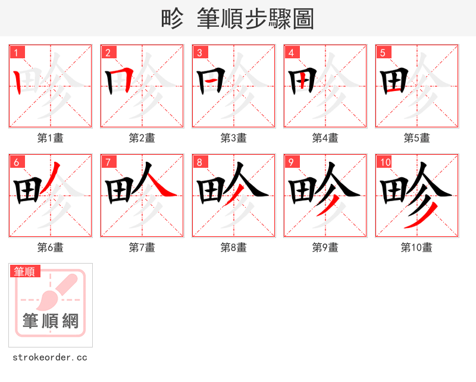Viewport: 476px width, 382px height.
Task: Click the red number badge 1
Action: click(16, 52)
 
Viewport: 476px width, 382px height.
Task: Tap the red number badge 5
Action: click(383, 52)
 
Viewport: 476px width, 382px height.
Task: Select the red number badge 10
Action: click(385, 162)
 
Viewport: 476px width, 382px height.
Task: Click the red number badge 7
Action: click(108, 162)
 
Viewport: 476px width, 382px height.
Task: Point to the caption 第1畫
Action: click(51, 138)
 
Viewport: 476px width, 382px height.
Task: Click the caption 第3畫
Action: click(234, 138)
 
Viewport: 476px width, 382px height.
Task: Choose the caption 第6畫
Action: click(51, 248)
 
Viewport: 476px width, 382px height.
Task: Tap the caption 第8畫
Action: click(234, 248)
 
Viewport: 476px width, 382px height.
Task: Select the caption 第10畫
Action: click(416, 248)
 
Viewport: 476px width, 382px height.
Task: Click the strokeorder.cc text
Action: click(50, 358)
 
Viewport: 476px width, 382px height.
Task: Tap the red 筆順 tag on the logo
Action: click(25, 271)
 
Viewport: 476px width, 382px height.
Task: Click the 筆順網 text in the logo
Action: click(51, 321)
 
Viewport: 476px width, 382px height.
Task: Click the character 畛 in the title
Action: click(173, 19)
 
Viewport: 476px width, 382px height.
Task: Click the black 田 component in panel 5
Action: click(393, 83)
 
